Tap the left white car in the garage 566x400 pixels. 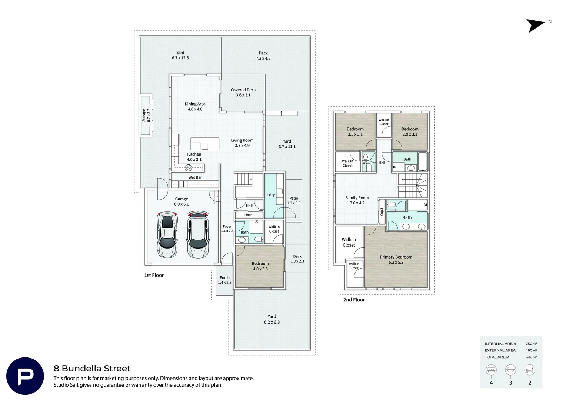click(x=167, y=235)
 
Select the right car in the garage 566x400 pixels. click(x=198, y=235)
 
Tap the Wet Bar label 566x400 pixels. click(x=195, y=177)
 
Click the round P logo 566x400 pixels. click(x=25, y=376)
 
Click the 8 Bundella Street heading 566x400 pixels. click(x=92, y=369)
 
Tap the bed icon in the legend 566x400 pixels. click(x=491, y=370)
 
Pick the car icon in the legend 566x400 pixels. click(x=530, y=370)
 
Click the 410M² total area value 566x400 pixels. click(x=532, y=357)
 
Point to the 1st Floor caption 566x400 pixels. click(x=154, y=275)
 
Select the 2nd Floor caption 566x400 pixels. click(x=354, y=300)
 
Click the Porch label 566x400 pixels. click(x=224, y=278)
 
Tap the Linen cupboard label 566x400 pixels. click(x=249, y=215)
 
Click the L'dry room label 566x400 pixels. click(x=271, y=195)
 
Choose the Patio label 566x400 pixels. click(x=294, y=199)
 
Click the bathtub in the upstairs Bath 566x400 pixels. click(x=423, y=161)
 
